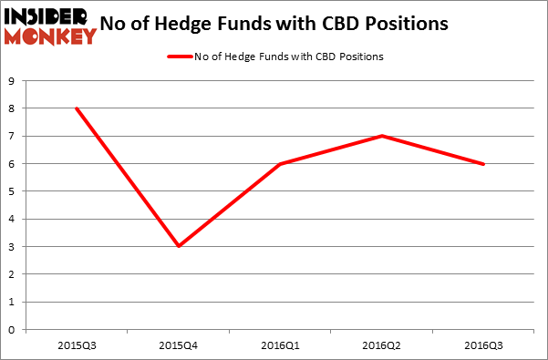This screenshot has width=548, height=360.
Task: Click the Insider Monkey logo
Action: pyautogui.click(x=50, y=26)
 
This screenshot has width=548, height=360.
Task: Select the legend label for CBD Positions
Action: pyautogui.click(x=288, y=57)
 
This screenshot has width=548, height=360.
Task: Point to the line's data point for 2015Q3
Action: pyautogui.click(x=76, y=108)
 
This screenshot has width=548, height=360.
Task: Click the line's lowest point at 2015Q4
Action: pyautogui.click(x=180, y=246)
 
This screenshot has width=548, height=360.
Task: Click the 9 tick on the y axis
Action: pyautogui.click(x=11, y=81)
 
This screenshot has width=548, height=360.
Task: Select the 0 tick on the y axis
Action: pyautogui.click(x=11, y=330)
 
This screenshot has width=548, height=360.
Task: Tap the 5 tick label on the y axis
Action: pyautogui.click(x=11, y=191)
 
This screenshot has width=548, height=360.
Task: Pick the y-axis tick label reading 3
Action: pyautogui.click(x=11, y=247)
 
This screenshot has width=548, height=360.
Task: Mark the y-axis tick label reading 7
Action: pyautogui.click(x=11, y=137)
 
